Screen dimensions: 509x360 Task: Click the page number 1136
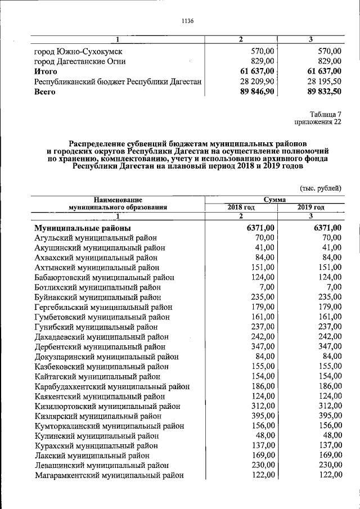click(187, 21)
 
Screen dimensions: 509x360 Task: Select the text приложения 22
click(318, 122)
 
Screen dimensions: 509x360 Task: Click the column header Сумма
click(274, 199)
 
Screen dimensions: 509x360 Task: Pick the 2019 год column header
click(310, 207)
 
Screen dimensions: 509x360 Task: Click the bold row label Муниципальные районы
click(83, 228)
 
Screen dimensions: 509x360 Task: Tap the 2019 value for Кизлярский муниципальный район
click(327, 416)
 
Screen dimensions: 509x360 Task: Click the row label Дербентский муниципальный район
click(100, 346)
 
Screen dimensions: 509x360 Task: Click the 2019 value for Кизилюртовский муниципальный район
click(327, 406)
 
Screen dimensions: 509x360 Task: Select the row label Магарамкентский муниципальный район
click(109, 475)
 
